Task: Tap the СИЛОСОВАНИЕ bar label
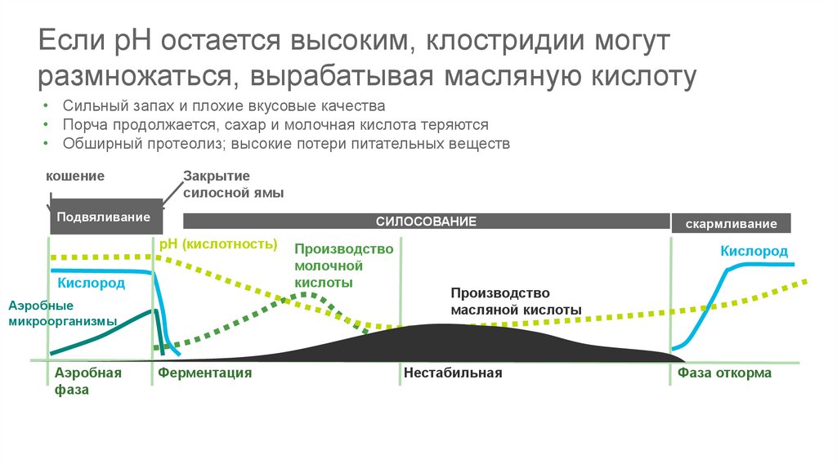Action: tap(426, 221)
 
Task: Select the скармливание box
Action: tap(732, 224)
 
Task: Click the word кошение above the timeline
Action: tap(74, 176)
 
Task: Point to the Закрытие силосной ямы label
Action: tap(228, 185)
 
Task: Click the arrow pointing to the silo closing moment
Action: tap(171, 194)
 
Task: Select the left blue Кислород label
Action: tap(92, 284)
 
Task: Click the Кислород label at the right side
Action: tap(754, 251)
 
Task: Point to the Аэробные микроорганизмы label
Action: tap(62, 313)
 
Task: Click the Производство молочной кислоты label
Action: tap(333, 266)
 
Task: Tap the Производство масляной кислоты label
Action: tap(515, 301)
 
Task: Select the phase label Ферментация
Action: tap(204, 373)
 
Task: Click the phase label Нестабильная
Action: tap(452, 373)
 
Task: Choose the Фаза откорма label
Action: tap(724, 373)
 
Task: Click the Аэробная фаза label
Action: tap(87, 381)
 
